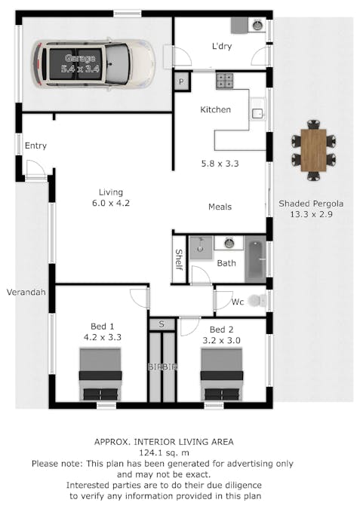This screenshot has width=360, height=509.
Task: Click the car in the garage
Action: pyautogui.click(x=94, y=64)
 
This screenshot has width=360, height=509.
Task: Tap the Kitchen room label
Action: pyautogui.click(x=215, y=110)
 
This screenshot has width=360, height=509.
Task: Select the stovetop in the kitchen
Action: pyautogui.click(x=224, y=81)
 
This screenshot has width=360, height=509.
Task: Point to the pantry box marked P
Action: pyautogui.click(x=182, y=81)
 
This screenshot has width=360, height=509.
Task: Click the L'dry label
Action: pyautogui.click(x=222, y=46)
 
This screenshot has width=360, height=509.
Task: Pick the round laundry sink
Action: pyautogui.click(x=257, y=25)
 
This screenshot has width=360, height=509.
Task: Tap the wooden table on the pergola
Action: pyautogui.click(x=313, y=150)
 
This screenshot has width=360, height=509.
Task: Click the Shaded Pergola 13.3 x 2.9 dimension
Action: pyautogui.click(x=311, y=214)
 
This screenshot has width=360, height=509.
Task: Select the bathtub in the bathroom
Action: pyautogui.click(x=255, y=259)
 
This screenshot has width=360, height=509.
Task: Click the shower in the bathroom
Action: pyautogui.click(x=201, y=248)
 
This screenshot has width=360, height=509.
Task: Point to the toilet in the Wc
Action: pyautogui.click(x=257, y=301)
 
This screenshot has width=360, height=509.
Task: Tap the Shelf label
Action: pyautogui.click(x=179, y=259)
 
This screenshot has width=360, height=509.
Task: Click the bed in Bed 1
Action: pyautogui.click(x=100, y=374)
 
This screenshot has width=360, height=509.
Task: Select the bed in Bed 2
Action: pyautogui.click(x=222, y=374)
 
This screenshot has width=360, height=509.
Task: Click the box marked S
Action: pyautogui.click(x=162, y=324)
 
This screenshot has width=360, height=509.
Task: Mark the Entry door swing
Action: pyautogui.click(x=35, y=169)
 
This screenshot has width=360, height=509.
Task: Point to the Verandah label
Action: pyautogui.click(x=26, y=292)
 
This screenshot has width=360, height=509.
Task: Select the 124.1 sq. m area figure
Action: pyautogui.click(x=164, y=452)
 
